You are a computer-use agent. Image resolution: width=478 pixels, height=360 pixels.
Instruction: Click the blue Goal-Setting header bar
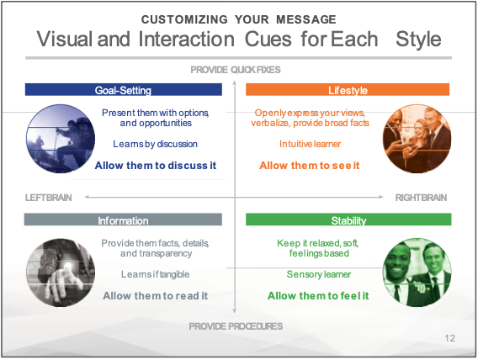coord(124,89)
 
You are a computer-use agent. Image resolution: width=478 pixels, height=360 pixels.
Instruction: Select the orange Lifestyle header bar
coord(348,89)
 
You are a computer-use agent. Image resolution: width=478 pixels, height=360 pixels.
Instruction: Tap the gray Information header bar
coord(123,220)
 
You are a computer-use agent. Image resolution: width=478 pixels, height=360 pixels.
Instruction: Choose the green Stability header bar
coord(348,220)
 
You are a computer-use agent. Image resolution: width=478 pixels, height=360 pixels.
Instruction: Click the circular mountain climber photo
coord(61,139)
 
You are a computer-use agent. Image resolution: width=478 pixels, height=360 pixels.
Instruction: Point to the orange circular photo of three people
coord(417,139)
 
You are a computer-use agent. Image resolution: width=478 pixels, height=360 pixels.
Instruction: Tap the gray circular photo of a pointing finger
coord(61,273)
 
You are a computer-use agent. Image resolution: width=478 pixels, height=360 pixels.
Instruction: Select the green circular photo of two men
coord(417,273)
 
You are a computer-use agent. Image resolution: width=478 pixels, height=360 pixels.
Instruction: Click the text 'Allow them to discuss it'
coord(156,166)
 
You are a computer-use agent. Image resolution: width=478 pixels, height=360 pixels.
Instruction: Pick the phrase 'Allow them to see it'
coord(310,166)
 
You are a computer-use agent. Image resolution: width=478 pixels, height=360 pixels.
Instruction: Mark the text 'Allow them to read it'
coord(156,296)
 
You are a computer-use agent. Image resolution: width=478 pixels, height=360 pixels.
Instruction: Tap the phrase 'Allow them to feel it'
coord(318,296)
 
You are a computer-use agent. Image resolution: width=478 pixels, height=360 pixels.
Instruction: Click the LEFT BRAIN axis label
coord(49,198)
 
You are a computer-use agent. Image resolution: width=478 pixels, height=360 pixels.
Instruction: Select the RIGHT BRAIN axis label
coord(421,198)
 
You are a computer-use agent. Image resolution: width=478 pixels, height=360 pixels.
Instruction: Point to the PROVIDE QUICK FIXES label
coord(236,70)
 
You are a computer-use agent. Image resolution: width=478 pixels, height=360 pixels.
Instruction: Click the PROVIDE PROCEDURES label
coord(236,326)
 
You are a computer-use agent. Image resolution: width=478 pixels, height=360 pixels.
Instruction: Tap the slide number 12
coord(450,338)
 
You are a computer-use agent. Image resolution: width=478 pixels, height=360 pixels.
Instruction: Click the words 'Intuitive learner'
coord(310,144)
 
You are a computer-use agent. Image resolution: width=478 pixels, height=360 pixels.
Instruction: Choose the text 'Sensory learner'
coord(319,274)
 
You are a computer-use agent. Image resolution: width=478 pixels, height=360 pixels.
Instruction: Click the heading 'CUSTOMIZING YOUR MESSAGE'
coord(239,19)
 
